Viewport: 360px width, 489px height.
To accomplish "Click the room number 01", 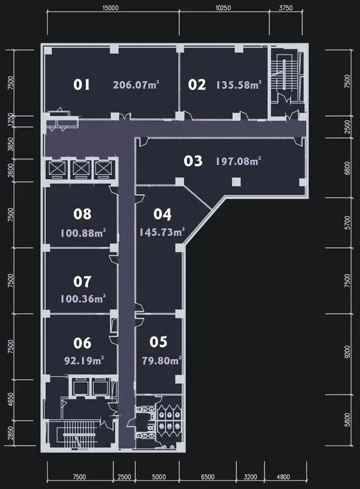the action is pyautogui.click(x=81, y=84).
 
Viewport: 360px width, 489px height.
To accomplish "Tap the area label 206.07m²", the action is pyautogui.click(x=136, y=84).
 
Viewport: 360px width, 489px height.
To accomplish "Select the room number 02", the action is pyautogui.click(x=197, y=84).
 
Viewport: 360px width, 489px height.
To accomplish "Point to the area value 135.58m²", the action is pyautogui.click(x=238, y=85).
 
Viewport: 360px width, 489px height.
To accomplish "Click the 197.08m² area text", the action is pyautogui.click(x=238, y=161).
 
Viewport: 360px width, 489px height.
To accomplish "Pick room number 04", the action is pyautogui.click(x=163, y=215).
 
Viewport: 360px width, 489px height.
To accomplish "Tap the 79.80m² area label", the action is pyautogui.click(x=161, y=361).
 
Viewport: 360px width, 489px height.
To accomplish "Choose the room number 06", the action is pyautogui.click(x=83, y=343).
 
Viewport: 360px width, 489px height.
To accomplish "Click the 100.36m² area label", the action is pyautogui.click(x=83, y=298).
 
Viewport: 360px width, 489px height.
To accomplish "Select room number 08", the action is pyautogui.click(x=83, y=214).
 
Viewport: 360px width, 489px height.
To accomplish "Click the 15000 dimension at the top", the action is pyautogui.click(x=111, y=8).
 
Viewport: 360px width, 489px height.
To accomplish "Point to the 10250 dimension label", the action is pyautogui.click(x=223, y=8).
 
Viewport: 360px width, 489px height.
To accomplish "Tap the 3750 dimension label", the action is pyautogui.click(x=286, y=8).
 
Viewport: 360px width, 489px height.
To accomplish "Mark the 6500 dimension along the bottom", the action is pyautogui.click(x=207, y=477).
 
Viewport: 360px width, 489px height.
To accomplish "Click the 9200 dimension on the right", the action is pyautogui.click(x=347, y=352).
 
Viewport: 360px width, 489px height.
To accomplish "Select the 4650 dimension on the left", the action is pyautogui.click(x=11, y=400).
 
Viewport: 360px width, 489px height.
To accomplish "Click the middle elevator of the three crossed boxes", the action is pyautogui.click(x=81, y=169).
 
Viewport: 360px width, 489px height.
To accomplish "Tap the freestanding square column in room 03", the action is pyautogui.click(x=236, y=182).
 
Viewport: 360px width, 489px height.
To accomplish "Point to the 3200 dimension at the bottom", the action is pyautogui.click(x=250, y=477).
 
